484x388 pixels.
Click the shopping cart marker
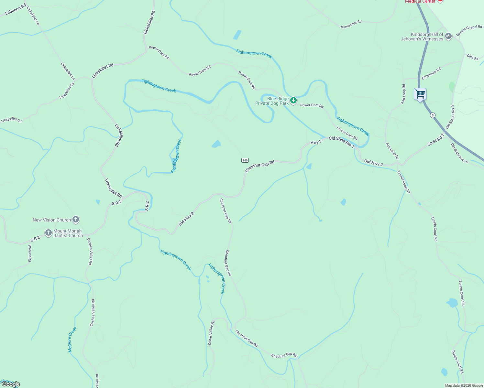coord(420,94)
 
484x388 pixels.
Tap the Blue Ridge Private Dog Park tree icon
coord(293,101)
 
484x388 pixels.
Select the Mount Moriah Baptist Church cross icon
coord(49,233)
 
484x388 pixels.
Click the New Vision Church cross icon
coord(75,220)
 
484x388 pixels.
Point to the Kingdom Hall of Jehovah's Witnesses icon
coord(448,36)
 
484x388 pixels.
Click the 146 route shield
coord(245,160)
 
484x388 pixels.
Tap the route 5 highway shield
coord(433,115)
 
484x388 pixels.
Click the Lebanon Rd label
coord(16,10)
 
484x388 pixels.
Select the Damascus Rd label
coord(351,25)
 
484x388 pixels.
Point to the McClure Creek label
coord(72,339)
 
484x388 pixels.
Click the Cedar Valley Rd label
coord(211,333)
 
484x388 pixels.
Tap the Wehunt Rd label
coord(30,253)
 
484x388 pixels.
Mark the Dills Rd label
coord(472,57)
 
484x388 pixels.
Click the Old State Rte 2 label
coord(341,142)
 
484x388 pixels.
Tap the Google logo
coord(11,384)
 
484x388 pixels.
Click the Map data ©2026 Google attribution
coord(464,385)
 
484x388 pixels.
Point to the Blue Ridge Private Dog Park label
coord(272,101)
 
